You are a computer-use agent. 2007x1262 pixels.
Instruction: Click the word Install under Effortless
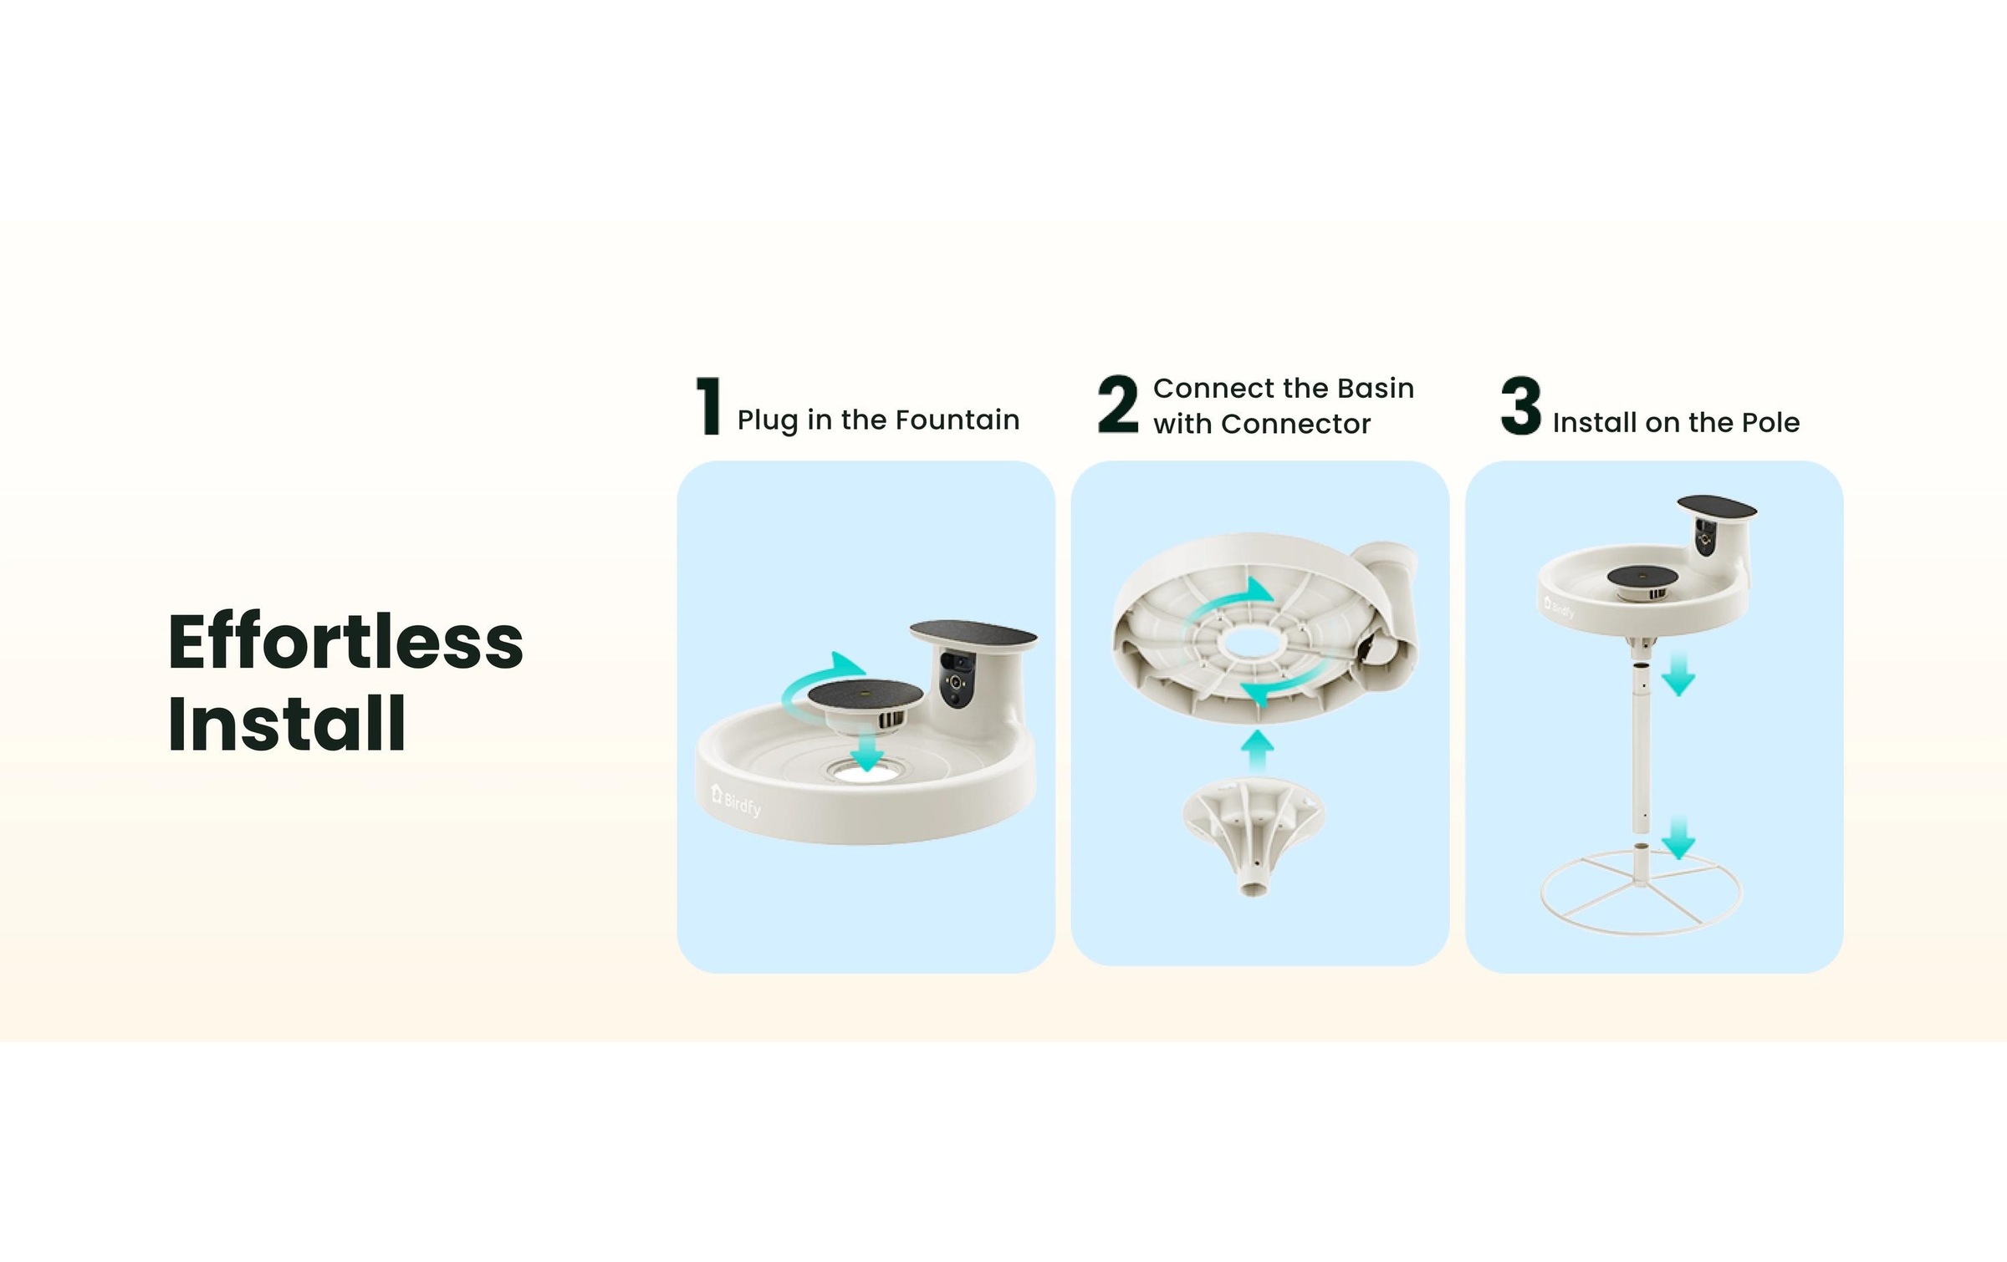pos(286,724)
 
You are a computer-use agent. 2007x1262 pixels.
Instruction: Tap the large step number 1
pos(709,406)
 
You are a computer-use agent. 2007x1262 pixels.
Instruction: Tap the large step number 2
pos(1118,405)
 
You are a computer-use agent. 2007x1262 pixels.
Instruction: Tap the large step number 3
pos(1520,406)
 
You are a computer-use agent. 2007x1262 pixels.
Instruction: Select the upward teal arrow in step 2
pos(1256,751)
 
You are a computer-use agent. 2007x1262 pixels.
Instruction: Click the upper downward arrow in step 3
pos(1678,676)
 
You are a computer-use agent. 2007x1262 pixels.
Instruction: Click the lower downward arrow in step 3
pos(1678,838)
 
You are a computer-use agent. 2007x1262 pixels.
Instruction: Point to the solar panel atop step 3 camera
pos(1716,506)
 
